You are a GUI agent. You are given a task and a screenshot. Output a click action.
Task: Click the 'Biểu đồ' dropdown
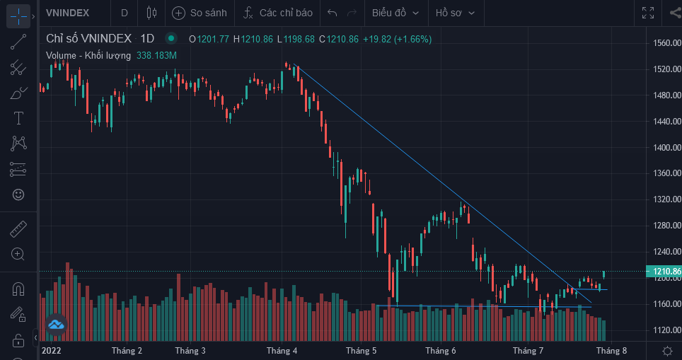pos(395,13)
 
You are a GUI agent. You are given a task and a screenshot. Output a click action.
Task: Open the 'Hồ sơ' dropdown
pos(455,13)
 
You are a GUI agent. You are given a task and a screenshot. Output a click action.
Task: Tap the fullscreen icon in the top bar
pos(647,13)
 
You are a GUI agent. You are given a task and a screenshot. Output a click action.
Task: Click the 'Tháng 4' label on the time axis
pos(282,350)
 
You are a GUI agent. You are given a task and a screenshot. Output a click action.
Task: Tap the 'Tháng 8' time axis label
pos(611,350)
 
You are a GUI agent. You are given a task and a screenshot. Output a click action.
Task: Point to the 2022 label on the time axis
pos(52,350)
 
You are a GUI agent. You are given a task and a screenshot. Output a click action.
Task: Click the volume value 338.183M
pos(156,55)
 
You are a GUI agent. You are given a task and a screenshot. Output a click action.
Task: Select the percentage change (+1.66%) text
pos(412,39)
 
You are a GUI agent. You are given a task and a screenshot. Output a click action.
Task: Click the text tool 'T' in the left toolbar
pos(18,117)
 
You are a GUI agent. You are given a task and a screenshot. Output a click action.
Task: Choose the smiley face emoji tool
pos(18,194)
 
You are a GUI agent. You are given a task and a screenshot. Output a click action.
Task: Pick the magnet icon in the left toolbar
pos(18,289)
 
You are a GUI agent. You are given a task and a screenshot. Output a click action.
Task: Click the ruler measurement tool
pos(18,229)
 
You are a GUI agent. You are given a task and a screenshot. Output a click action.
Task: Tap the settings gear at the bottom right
pos(666,350)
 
